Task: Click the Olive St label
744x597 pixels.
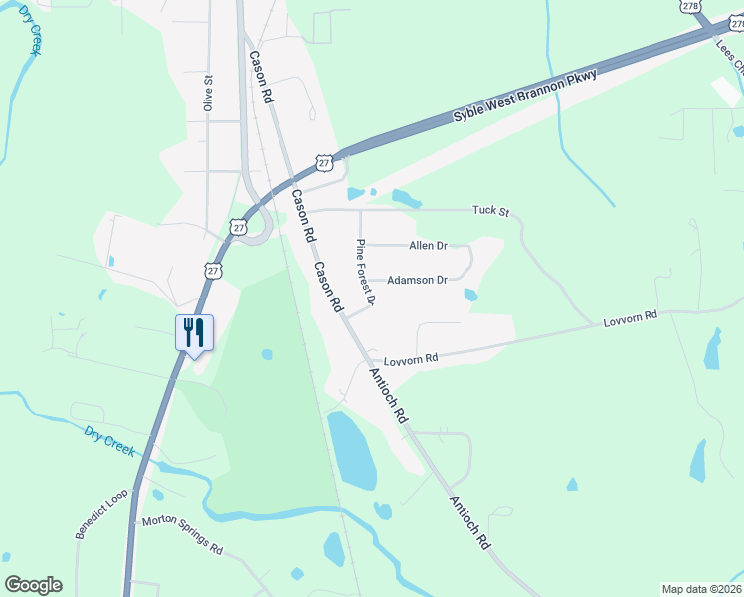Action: coord(209,93)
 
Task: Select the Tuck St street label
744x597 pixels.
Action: coord(490,211)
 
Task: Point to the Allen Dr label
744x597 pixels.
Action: coord(429,245)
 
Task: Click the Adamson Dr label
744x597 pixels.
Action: coord(417,280)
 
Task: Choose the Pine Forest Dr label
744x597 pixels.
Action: coord(365,272)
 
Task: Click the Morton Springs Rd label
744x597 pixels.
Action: coord(182,534)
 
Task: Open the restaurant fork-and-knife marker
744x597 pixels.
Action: coord(194,332)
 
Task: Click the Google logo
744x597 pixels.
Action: coord(33,585)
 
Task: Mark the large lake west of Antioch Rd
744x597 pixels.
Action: coord(351,450)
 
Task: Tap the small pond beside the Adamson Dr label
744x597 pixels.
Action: coord(470,295)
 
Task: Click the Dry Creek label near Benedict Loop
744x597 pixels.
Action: coord(108,441)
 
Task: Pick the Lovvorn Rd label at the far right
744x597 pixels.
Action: coord(631,319)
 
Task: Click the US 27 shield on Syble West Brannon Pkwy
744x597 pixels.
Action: coord(324,162)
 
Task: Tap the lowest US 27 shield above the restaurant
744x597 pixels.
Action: coord(213,270)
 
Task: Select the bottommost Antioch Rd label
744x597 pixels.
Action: coord(470,524)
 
